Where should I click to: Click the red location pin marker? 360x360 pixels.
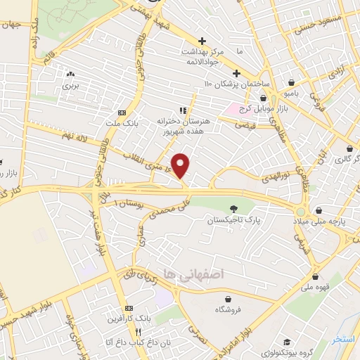pyautogui.click(x=181, y=166)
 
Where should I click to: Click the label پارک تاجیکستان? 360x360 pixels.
pyautogui.click(x=233, y=221)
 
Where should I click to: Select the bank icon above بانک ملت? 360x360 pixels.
pyautogui.click(x=122, y=112)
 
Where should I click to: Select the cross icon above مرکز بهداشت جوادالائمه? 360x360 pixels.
pyautogui.click(x=202, y=41)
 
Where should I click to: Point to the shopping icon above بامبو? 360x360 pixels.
pyautogui.click(x=291, y=82)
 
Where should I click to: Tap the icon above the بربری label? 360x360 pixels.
pyautogui.click(x=70, y=74)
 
